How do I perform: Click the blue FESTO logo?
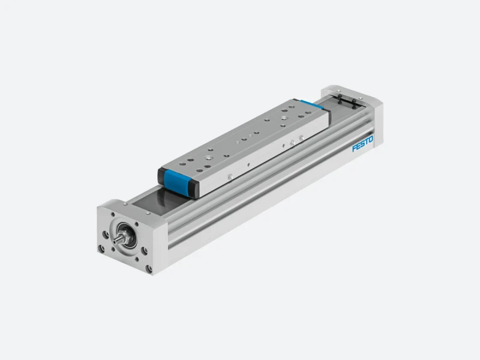point(363,143)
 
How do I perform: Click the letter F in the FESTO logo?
point(354,148)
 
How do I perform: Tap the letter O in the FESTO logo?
point(371,139)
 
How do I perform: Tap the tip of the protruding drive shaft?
point(115,242)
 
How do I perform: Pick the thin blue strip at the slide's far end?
point(311,104)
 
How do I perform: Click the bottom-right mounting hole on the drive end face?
point(149,269)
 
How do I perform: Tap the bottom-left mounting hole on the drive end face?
point(101,248)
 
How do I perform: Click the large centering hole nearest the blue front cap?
point(209,158)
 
